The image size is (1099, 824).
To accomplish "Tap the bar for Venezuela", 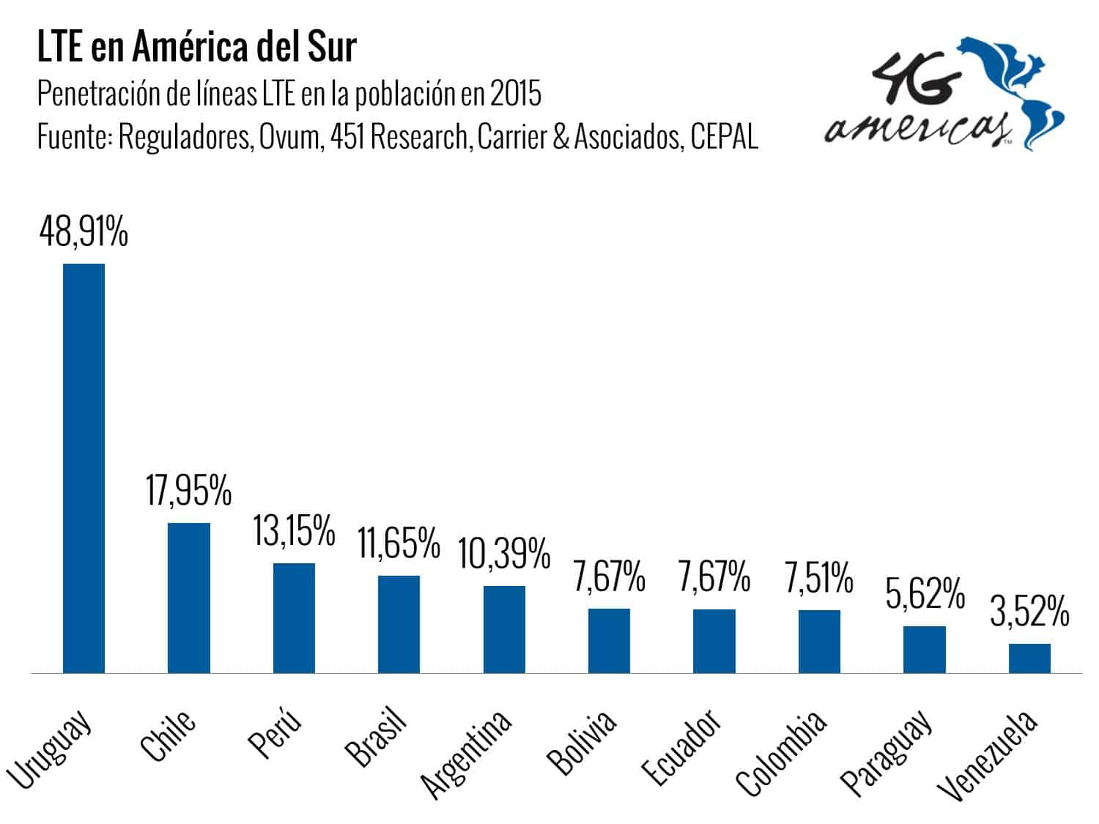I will pyautogui.click(x=1029, y=658).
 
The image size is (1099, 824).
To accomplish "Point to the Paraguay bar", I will pyautogui.click(x=924, y=649).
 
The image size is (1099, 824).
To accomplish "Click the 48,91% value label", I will pyautogui.click(x=84, y=231).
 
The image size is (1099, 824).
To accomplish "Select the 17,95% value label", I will pyautogui.click(x=188, y=490).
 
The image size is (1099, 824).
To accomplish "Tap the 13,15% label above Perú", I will pyautogui.click(x=294, y=530).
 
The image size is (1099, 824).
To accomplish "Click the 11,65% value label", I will pyautogui.click(x=399, y=543).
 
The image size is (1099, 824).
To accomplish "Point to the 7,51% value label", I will pyautogui.click(x=818, y=578).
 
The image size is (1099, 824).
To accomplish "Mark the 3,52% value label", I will pyautogui.click(x=1029, y=612).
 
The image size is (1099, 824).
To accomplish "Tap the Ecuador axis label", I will pyautogui.click(x=681, y=746).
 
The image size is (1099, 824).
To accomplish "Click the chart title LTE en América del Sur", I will pyautogui.click(x=196, y=48).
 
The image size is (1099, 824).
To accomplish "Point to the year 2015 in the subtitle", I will pyautogui.click(x=516, y=94).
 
